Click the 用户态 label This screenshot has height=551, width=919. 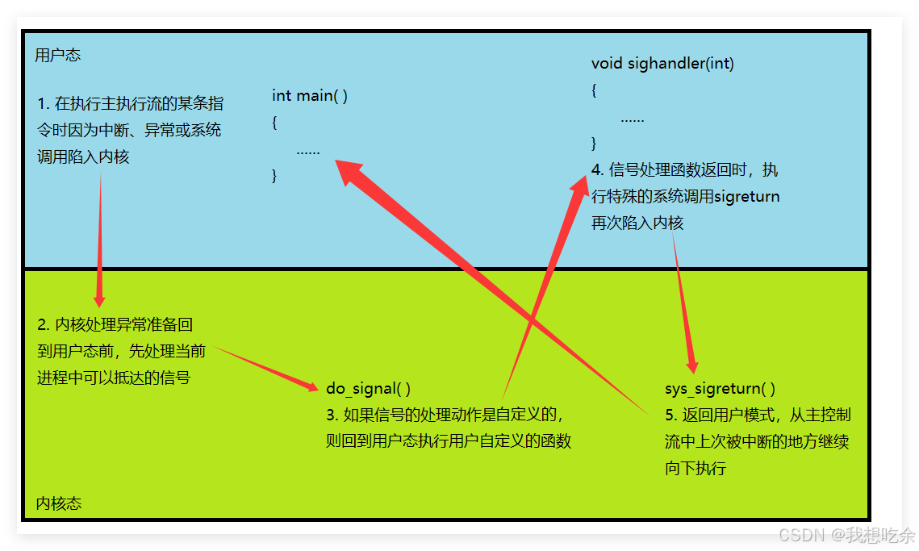click(x=58, y=56)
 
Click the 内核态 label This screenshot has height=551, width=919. click(x=59, y=504)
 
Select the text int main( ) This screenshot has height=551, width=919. click(x=310, y=96)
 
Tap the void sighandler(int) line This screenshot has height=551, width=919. click(x=662, y=64)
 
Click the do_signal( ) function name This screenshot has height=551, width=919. click(x=368, y=389)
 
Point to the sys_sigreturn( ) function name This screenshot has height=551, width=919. click(x=720, y=389)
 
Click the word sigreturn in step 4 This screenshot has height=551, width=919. click(x=746, y=197)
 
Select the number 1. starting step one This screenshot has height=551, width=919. click(x=44, y=104)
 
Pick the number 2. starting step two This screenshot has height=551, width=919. click(x=44, y=325)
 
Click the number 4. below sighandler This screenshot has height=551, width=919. click(x=597, y=170)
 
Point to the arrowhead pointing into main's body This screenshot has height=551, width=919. click(x=345, y=169)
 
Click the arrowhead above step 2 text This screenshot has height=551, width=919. click(x=99, y=300)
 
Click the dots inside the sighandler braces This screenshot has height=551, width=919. click(x=632, y=119)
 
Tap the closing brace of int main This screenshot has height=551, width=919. click(x=275, y=175)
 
